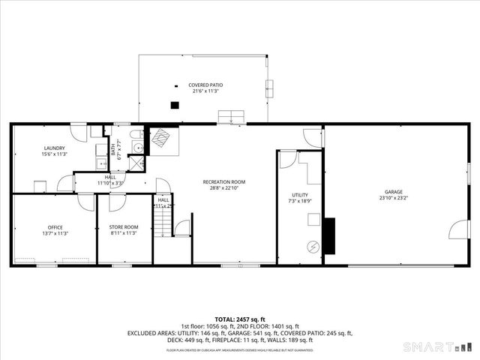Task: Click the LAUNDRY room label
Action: coord(54,148)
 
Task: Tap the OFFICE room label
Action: coord(55,227)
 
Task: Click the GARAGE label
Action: coord(394,191)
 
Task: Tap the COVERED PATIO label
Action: coord(205,85)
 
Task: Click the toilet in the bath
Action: coord(136,145)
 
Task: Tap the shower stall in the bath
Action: coord(137,166)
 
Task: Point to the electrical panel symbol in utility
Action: coord(313,247)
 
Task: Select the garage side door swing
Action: coord(459,230)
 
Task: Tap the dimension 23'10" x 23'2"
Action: coord(394,199)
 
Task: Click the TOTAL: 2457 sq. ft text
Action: coord(239,319)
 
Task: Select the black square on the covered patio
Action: coord(175,105)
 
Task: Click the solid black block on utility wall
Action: coord(328,236)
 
